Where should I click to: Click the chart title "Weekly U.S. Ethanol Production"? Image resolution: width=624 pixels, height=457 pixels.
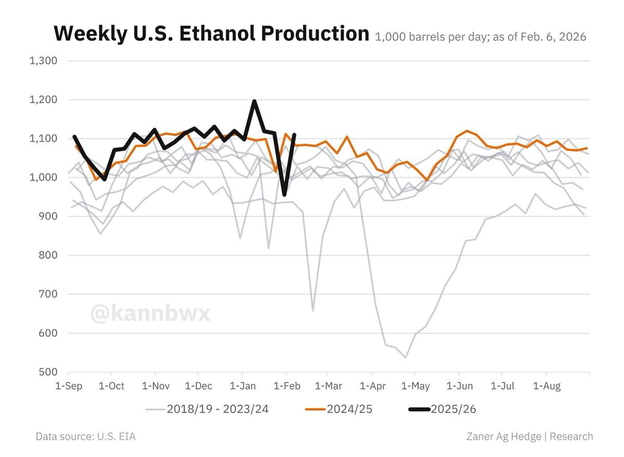[211, 33]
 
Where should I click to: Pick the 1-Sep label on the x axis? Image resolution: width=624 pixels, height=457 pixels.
[68, 386]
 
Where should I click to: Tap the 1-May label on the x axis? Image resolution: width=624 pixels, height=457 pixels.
[415, 386]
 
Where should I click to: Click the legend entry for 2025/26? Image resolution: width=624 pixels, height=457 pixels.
[442, 410]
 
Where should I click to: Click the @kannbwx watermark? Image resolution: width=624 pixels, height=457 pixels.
[150, 314]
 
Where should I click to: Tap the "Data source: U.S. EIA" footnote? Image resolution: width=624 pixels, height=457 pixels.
[85, 436]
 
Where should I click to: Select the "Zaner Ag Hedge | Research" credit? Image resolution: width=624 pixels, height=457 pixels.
[529, 436]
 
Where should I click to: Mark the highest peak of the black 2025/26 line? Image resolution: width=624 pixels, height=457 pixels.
[254, 101]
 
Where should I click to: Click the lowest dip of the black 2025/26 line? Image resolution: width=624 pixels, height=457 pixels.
[284, 195]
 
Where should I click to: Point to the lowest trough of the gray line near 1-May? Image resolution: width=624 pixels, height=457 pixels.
[405, 358]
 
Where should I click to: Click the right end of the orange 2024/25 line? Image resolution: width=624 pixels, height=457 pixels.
[587, 148]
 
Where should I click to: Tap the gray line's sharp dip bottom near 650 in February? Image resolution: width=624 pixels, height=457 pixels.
[313, 311]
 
